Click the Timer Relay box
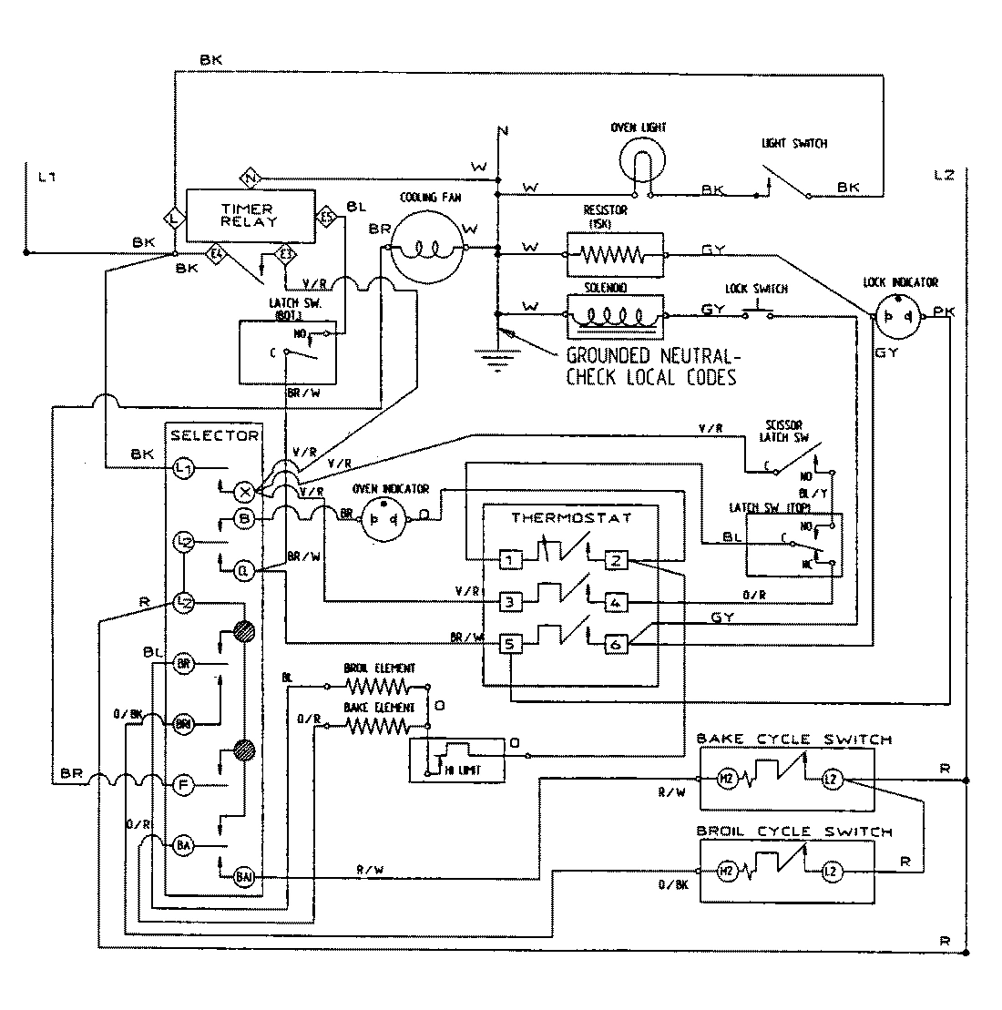tap(250, 216)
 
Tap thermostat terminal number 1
tap(512, 560)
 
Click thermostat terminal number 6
tap(616, 644)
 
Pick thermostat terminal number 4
tap(616, 601)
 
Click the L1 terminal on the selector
tap(183, 468)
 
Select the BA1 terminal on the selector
tap(244, 876)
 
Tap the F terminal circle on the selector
tap(183, 782)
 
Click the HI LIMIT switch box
tap(456, 759)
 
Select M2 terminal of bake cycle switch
tap(727, 779)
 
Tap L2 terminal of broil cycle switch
tap(829, 872)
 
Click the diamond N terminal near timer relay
tap(251, 177)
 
